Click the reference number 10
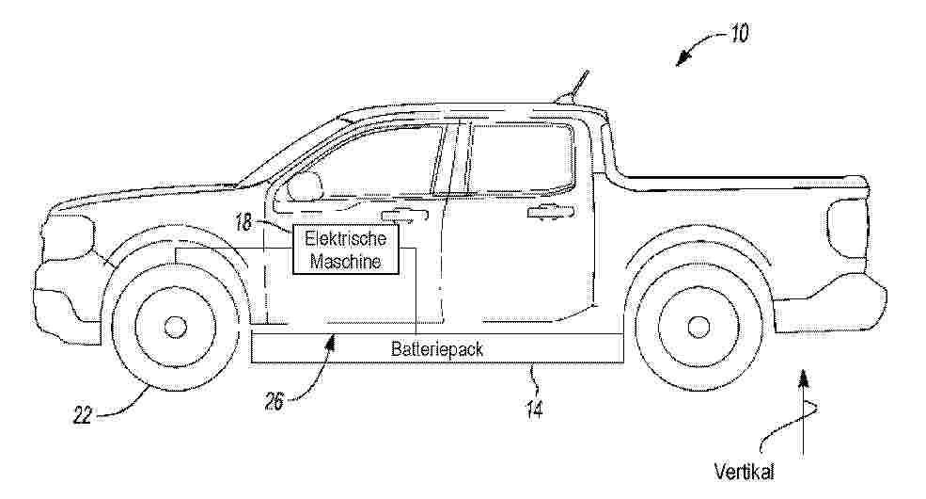coord(739,33)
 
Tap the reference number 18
coord(243,222)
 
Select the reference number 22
coord(83,415)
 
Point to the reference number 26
coord(275,403)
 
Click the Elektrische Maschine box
coord(345,249)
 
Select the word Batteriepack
coord(437,348)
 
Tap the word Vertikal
coord(745,472)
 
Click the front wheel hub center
coord(175,327)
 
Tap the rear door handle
coord(550,212)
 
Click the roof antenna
coord(573,87)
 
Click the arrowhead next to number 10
coord(683,58)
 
